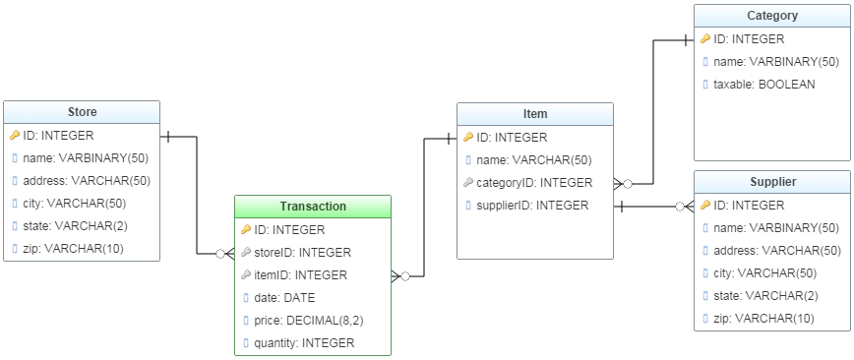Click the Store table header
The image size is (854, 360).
click(x=82, y=112)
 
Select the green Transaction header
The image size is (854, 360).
click(x=313, y=207)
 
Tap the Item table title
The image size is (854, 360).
click(x=535, y=114)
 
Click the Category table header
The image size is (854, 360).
click(x=772, y=16)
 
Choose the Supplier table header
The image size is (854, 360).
click(x=772, y=182)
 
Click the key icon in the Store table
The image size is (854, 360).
click(x=15, y=136)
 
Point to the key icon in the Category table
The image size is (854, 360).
click(x=705, y=39)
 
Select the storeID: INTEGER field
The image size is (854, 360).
click(x=302, y=253)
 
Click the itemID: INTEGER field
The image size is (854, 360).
click(x=299, y=275)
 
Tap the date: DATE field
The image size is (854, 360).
click(x=284, y=298)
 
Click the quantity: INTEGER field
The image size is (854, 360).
click(x=304, y=343)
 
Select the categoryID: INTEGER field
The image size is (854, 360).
click(x=534, y=183)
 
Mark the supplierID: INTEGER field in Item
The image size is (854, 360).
click(x=532, y=206)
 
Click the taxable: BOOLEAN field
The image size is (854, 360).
click(x=763, y=85)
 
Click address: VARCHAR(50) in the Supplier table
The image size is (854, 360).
click(x=776, y=251)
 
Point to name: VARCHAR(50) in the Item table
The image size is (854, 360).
click(x=533, y=160)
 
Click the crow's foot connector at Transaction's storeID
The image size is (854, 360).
click(x=226, y=253)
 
